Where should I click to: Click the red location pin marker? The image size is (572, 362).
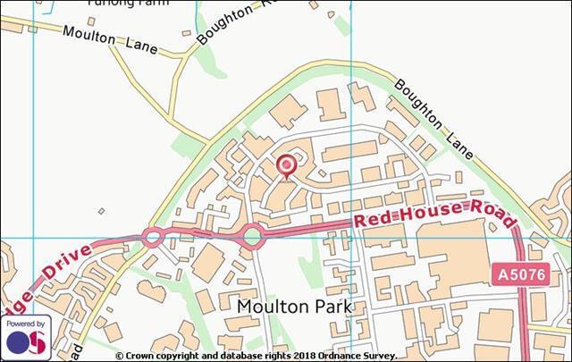286,166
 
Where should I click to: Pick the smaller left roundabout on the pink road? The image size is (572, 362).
152,238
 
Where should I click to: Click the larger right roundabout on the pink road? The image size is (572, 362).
253,237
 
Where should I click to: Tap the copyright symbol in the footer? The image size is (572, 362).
119,356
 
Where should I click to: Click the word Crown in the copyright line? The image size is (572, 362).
141,356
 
